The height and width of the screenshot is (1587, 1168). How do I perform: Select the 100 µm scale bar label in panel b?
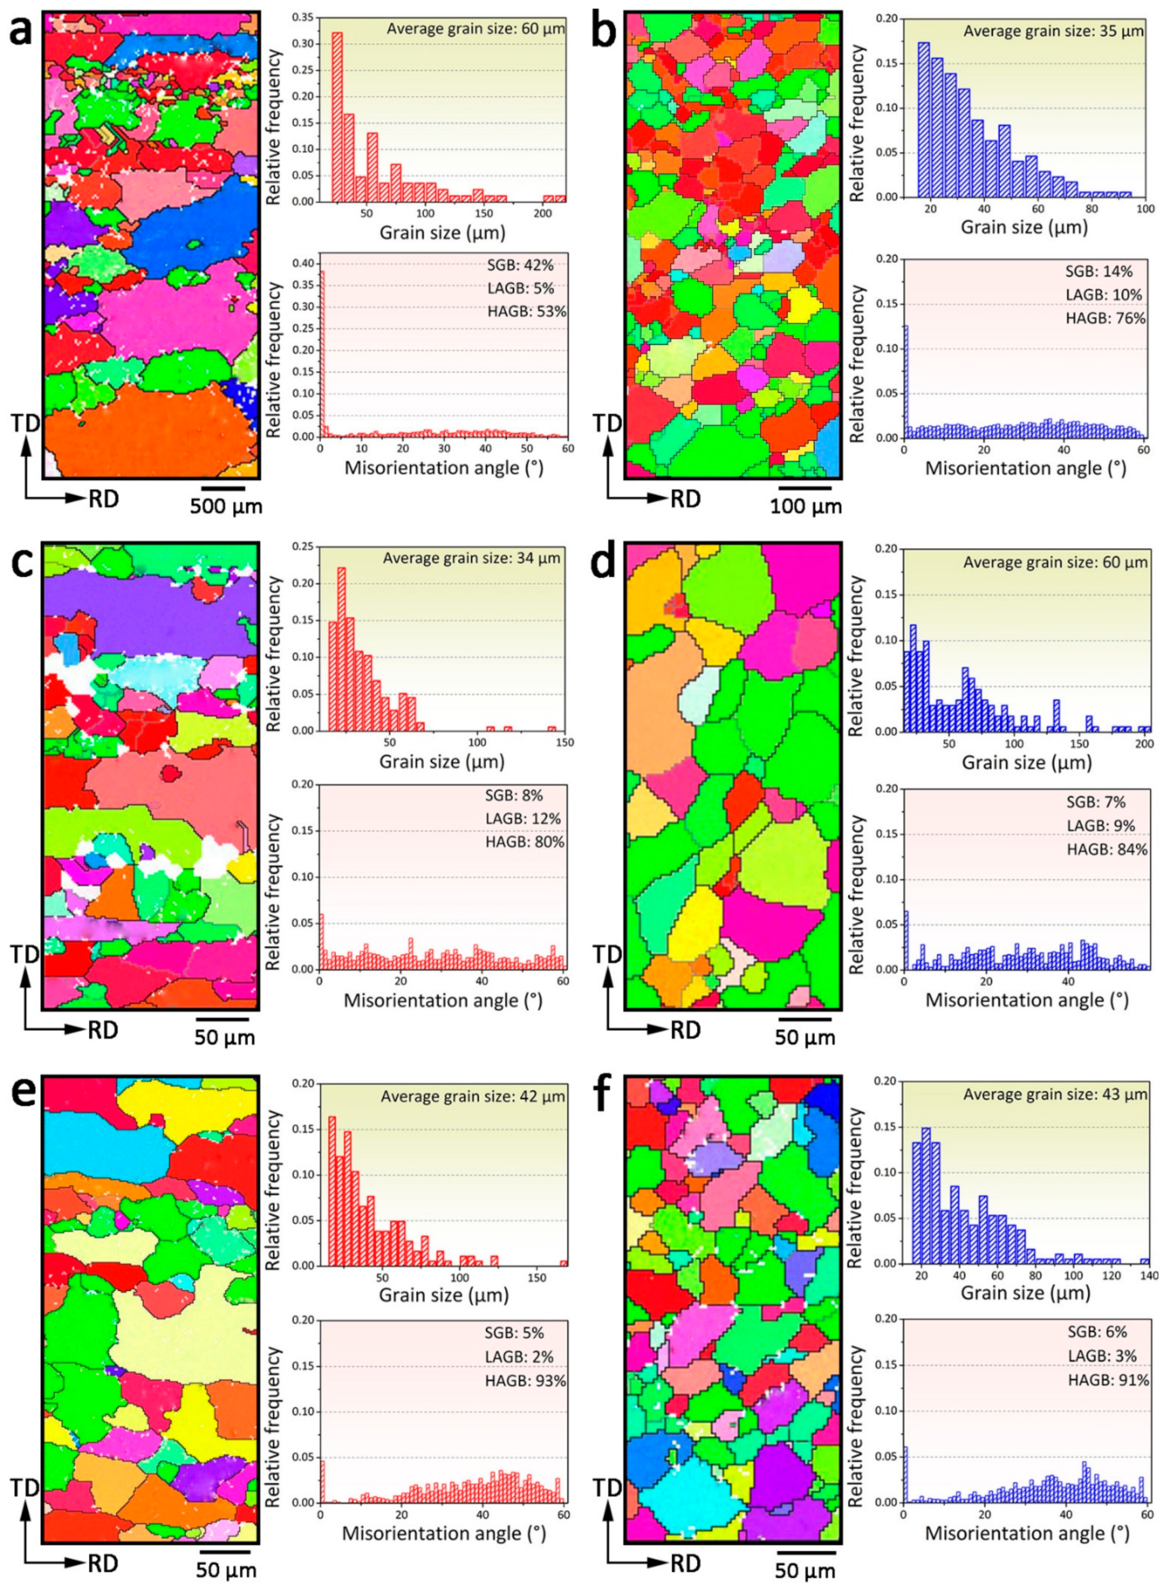click(806, 506)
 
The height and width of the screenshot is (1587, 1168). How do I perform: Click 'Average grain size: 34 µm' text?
click(471, 558)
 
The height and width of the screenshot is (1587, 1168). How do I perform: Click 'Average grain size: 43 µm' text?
click(1055, 1095)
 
